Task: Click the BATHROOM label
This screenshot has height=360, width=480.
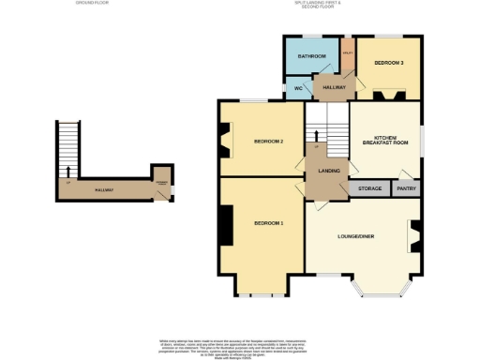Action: tap(312, 56)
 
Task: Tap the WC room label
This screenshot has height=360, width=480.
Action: tap(297, 88)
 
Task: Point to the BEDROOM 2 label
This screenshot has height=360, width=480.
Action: tap(268, 142)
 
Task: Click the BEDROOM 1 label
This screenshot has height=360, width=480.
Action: tap(268, 222)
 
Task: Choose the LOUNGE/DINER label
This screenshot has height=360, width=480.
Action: tap(356, 235)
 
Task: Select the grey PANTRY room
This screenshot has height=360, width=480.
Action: tap(406, 188)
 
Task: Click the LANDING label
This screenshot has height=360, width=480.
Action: tap(327, 170)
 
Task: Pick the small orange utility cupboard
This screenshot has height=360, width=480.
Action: tap(347, 55)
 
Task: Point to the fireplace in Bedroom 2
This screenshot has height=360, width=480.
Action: tap(224, 142)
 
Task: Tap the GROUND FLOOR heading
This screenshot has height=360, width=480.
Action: tap(93, 4)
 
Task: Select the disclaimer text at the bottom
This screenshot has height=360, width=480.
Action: tap(240, 345)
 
